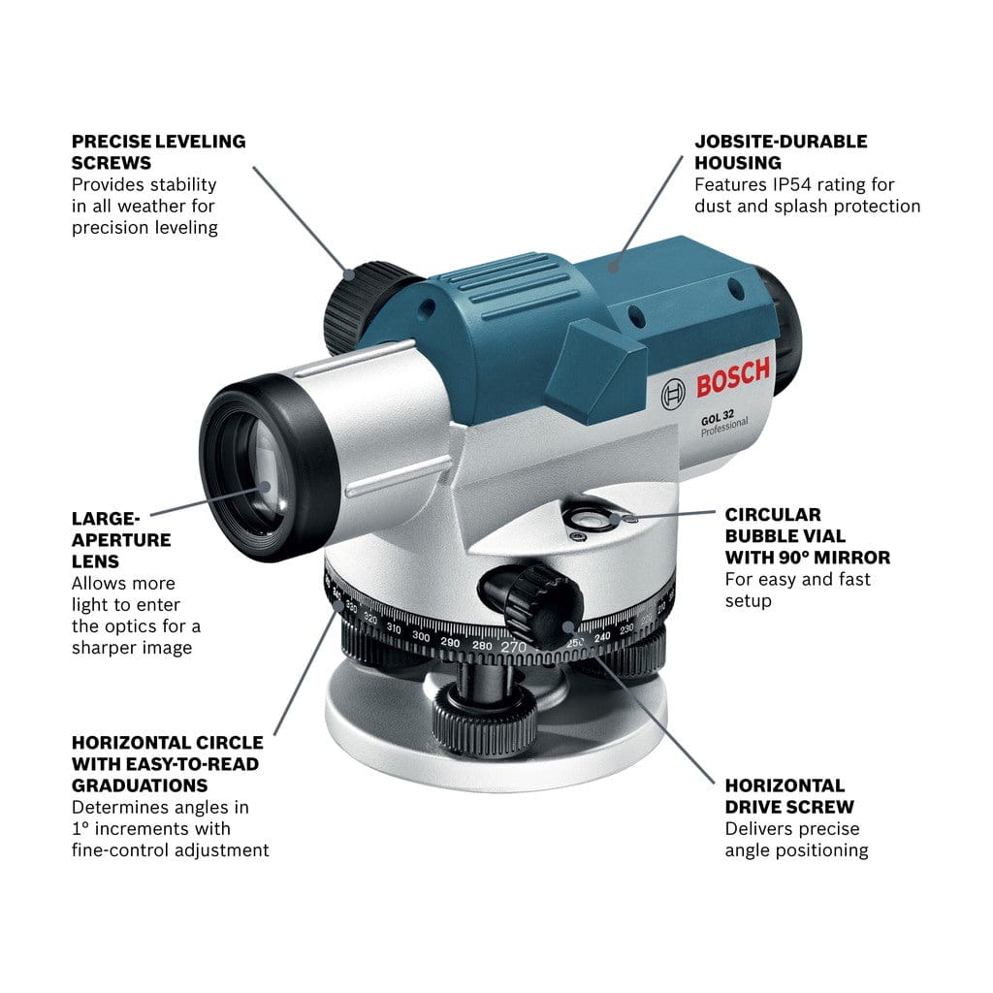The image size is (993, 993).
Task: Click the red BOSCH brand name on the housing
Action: coord(733,379)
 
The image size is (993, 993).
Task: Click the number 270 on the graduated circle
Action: coord(514,647)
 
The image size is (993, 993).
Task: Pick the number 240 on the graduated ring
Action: coord(602,637)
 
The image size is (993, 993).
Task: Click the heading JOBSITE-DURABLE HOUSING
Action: coord(781,151)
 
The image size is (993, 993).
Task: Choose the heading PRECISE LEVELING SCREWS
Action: coord(158,151)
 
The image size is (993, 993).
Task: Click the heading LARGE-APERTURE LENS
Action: coord(121,539)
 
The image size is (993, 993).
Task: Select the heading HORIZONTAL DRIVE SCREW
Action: coord(789,796)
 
